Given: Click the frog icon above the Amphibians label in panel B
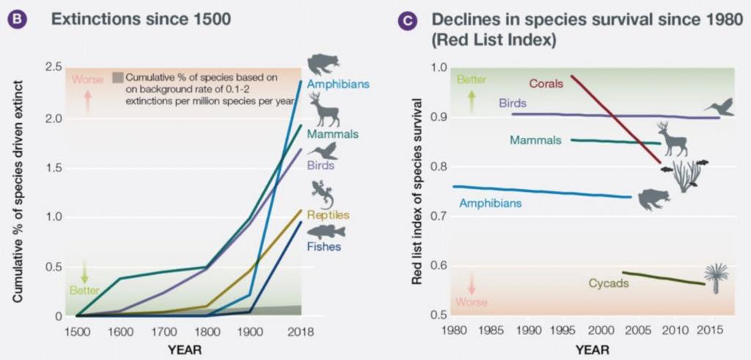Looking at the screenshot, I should tap(320, 64).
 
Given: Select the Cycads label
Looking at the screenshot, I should tap(609, 283).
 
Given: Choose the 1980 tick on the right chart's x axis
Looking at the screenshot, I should tap(453, 331).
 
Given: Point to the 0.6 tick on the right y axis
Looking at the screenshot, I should tap(439, 265).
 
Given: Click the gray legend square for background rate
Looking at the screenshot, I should tap(117, 76).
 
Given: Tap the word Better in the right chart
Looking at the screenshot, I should tap(472, 79).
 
